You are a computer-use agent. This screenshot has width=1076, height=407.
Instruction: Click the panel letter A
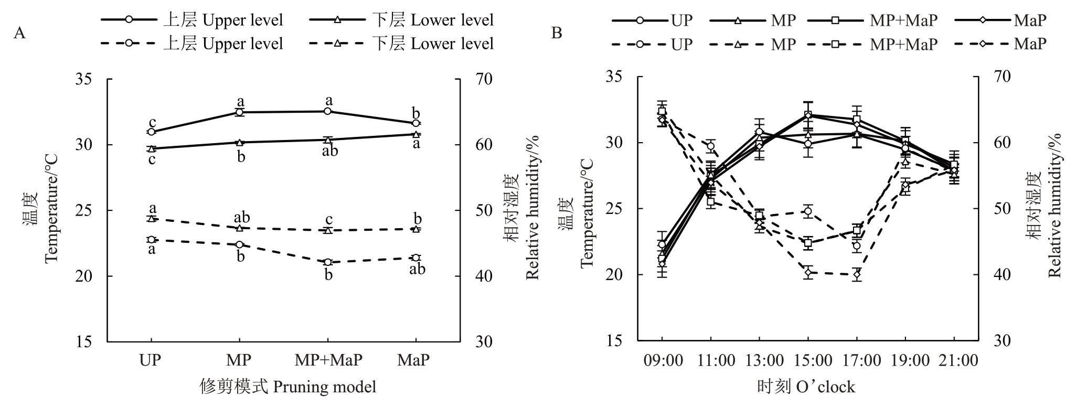click(20, 34)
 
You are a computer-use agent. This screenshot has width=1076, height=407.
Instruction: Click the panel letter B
click(557, 34)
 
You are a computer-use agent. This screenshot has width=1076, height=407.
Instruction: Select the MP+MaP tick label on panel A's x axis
click(328, 360)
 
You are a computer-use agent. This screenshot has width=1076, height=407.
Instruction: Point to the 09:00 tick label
click(662, 361)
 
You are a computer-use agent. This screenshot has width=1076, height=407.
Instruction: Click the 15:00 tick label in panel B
click(808, 361)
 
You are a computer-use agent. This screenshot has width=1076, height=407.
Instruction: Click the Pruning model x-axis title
click(289, 387)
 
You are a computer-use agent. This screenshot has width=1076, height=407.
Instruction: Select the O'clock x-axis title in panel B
click(806, 387)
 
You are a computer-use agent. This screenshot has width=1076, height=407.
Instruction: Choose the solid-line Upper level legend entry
click(192, 20)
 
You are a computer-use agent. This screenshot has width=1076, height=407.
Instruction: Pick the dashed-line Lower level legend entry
click(401, 43)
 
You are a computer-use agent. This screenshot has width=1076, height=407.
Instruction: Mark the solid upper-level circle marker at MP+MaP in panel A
click(328, 111)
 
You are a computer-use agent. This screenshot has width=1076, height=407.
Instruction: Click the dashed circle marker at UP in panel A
click(151, 240)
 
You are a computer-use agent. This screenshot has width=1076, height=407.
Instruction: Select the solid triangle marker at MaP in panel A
click(416, 134)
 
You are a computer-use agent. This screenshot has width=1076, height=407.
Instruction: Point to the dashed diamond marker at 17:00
click(857, 274)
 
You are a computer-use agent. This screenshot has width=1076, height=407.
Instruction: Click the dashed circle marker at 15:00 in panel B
click(808, 211)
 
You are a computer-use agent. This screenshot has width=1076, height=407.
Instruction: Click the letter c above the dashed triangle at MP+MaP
click(328, 220)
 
